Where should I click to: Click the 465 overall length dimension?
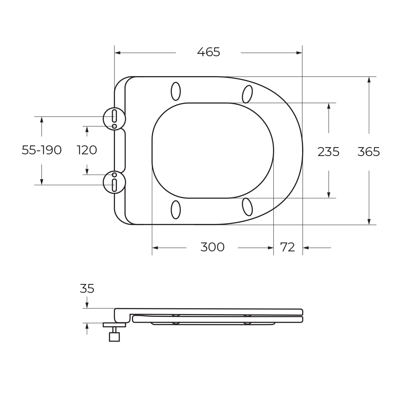pyautogui.click(x=209, y=52)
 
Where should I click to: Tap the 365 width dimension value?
pyautogui.click(x=369, y=152)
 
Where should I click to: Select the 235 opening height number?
pyautogui.click(x=328, y=152)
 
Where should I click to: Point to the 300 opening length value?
pyautogui.click(x=212, y=247)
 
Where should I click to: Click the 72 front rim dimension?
pyautogui.click(x=287, y=247)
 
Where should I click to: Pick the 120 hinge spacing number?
pyautogui.click(x=87, y=150)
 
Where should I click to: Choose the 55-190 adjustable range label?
pyautogui.click(x=41, y=150)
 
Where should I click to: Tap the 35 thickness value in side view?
pyautogui.click(x=87, y=288)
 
